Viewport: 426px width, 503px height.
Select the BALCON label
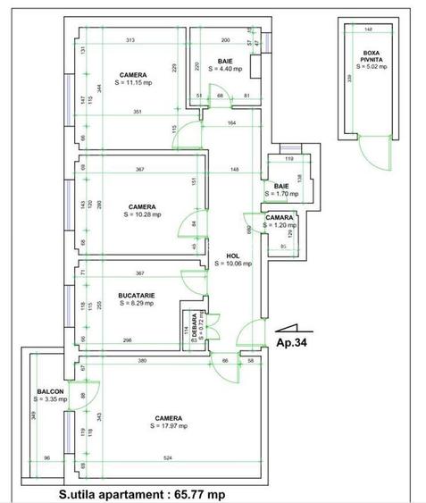coord(50,391)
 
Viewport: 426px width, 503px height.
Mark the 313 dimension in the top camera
coord(130,40)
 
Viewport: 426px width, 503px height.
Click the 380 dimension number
coord(142,361)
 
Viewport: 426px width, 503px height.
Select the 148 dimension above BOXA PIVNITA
coord(368,29)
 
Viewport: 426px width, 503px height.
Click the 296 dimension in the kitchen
coord(129,340)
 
